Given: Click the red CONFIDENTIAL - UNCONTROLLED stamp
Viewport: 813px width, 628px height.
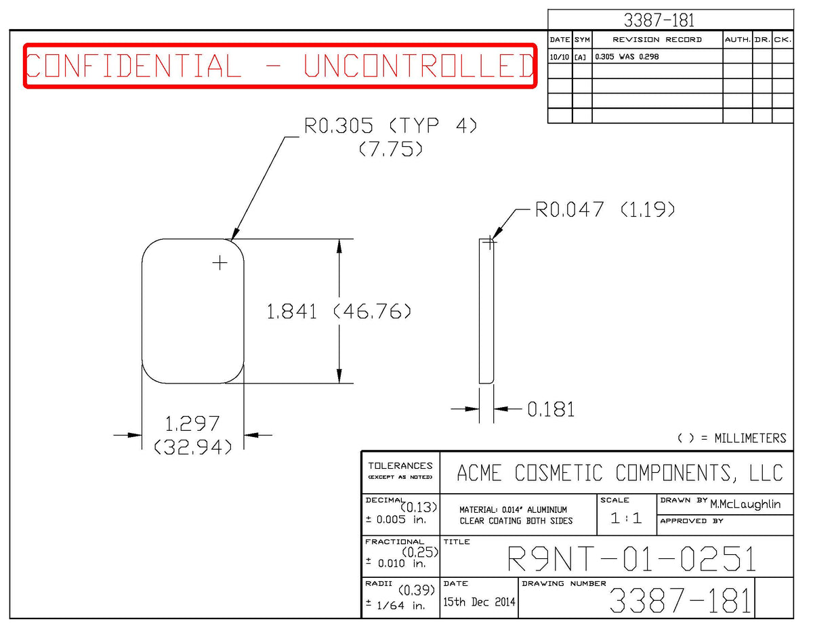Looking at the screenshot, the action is coord(280,66).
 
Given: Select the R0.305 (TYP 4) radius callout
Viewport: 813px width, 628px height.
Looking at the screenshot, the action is coord(391,125).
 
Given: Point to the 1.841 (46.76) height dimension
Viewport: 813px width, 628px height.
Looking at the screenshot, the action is coord(339,312).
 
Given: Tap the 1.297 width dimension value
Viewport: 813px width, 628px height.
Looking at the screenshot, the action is coord(192,424).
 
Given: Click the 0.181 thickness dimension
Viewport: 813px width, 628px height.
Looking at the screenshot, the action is coord(551,409).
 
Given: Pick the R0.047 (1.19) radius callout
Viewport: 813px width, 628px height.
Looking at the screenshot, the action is coord(605,209).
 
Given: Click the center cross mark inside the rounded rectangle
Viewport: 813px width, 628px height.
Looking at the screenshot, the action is coord(220,263).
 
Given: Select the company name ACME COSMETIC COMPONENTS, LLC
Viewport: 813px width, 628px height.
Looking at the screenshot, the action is coord(620,473).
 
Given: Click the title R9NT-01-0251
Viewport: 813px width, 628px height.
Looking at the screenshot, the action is coord(631,559).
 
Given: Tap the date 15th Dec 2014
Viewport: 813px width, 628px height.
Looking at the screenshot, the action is coord(479,602).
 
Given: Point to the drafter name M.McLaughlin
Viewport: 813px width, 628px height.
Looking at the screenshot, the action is coord(745,504).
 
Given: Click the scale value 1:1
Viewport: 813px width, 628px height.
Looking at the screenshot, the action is coord(626,518).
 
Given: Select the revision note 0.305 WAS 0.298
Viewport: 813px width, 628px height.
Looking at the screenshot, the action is coord(627,57).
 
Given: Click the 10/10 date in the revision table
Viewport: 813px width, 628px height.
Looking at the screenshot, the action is coord(560,57).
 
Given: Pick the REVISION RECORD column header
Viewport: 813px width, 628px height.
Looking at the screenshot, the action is coord(657,40).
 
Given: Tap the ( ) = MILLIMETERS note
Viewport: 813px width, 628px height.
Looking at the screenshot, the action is coord(732,438).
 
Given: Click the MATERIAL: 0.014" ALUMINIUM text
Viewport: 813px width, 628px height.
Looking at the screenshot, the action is coord(513,510).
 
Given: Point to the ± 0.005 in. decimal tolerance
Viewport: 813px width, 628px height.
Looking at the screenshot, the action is coord(396,520).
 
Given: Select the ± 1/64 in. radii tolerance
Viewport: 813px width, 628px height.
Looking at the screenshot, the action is coord(396,606).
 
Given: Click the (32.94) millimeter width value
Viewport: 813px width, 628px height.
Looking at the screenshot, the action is coord(192,447).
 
